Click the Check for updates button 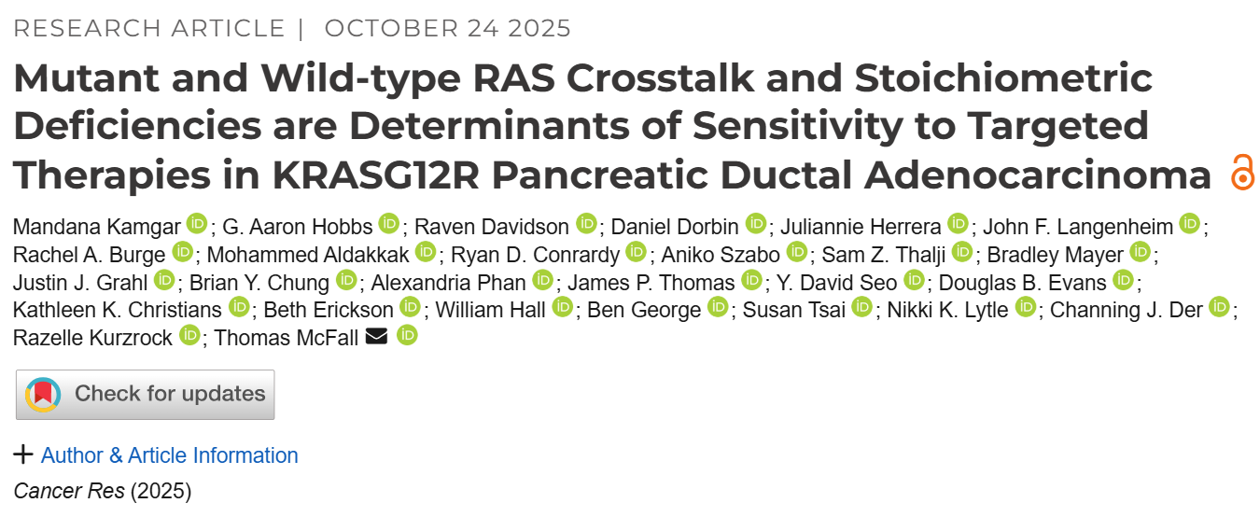(146, 395)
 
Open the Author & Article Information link (170, 455)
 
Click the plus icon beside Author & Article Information (23, 455)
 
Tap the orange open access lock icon (1241, 175)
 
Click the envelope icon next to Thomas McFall (376, 337)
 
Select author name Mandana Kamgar (97, 226)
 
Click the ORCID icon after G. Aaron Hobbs (388, 225)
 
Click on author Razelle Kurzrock (93, 337)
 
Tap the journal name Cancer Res (69, 491)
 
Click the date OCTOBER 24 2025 (448, 28)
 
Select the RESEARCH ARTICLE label (149, 28)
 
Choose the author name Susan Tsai (794, 309)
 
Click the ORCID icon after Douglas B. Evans (1123, 280)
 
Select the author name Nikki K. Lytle (947, 309)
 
